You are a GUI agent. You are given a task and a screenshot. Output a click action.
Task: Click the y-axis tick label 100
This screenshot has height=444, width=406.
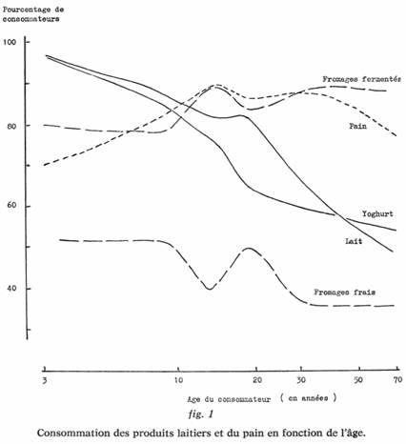tap(10, 42)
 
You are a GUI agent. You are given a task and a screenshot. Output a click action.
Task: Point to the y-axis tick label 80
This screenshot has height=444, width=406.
tap(11, 126)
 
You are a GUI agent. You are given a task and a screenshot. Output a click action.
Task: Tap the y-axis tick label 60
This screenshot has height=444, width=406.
tap(11, 205)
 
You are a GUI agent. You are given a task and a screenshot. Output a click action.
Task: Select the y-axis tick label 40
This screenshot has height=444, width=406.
tap(11, 289)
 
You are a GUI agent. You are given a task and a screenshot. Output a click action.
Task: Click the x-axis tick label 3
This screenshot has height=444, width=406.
tap(45, 380)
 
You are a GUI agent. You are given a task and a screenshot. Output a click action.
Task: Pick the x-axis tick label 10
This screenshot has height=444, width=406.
tap(178, 380)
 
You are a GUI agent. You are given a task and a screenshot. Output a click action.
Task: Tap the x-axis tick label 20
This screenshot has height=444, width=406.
tap(257, 380)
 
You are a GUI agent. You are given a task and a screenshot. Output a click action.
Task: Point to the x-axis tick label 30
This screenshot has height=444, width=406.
tap(301, 380)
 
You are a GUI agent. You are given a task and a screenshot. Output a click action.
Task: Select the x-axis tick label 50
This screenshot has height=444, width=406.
tap(358, 380)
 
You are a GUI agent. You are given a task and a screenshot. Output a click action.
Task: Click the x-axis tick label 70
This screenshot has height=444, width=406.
tap(397, 379)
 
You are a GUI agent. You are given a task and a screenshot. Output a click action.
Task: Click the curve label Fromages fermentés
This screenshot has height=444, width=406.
tap(361, 79)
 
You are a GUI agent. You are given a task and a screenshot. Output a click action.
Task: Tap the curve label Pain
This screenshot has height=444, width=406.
tap(358, 126)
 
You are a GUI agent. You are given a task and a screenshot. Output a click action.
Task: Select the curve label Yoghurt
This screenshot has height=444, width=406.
tap(377, 214)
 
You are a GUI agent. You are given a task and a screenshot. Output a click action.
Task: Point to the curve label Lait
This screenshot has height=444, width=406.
tap(354, 241)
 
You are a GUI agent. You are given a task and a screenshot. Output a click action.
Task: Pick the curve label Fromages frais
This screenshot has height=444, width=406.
tap(345, 293)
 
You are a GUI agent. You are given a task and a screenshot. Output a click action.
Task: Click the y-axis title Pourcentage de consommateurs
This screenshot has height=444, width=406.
tap(33, 14)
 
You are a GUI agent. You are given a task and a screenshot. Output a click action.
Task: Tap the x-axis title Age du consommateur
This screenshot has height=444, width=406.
tap(229, 399)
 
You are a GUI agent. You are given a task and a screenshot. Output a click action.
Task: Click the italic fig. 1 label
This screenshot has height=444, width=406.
tap(201, 414)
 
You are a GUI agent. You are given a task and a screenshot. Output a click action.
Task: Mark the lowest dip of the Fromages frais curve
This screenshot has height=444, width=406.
tap(210, 289)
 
